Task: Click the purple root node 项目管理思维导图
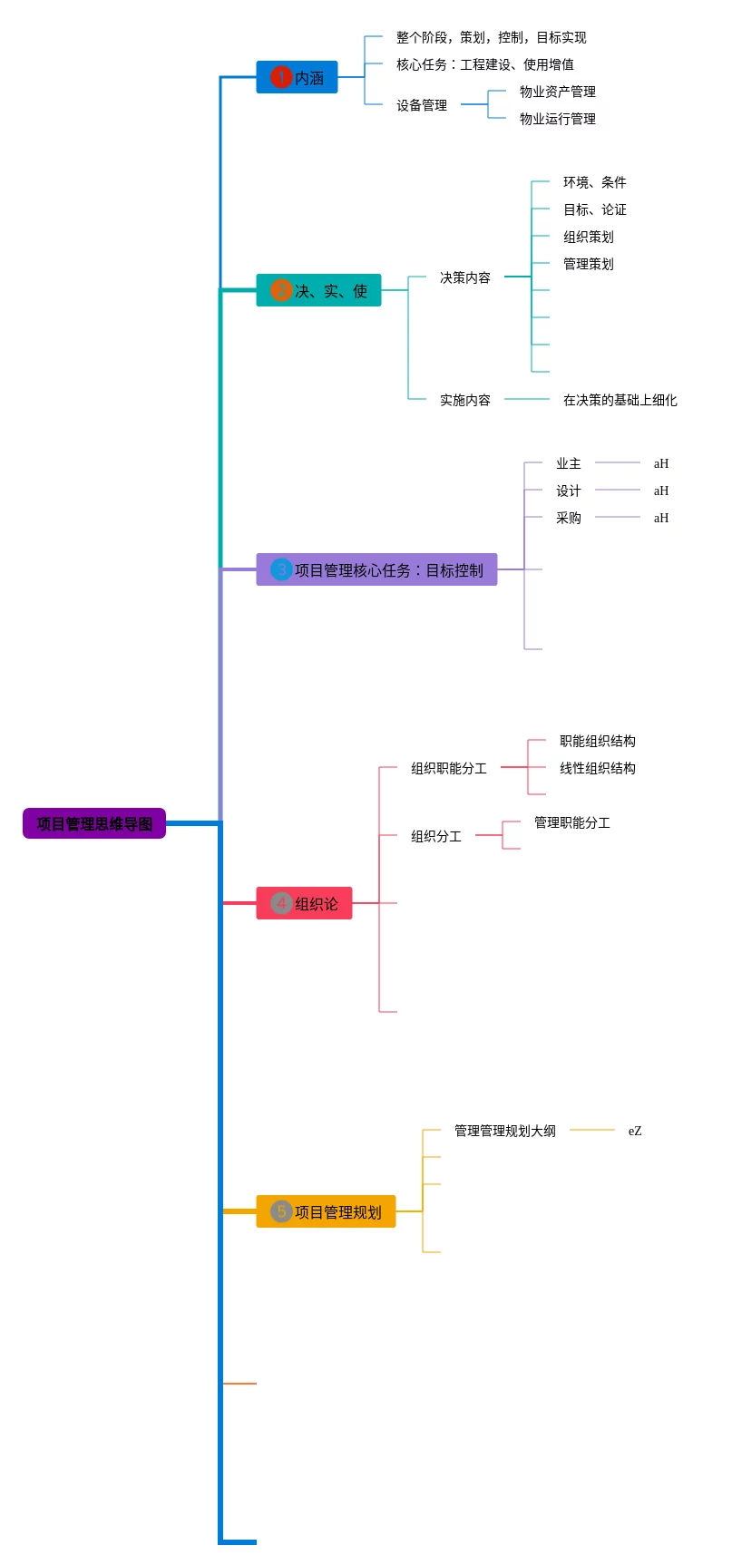pos(94,823)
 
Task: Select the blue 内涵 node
pos(298,78)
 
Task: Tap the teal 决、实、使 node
pos(319,291)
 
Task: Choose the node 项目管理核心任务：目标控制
pos(377,570)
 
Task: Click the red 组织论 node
pos(305,904)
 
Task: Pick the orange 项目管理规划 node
pos(327,1212)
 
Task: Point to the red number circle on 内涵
pos(280,78)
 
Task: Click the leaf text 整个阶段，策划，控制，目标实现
pos(491,37)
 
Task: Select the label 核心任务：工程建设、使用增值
pos(484,64)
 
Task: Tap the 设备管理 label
pos(422,105)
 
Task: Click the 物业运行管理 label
pos(557,119)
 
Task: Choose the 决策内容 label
pos(464,277)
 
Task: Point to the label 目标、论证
pos(594,209)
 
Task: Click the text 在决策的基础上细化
pos(620,400)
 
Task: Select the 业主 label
pos(568,463)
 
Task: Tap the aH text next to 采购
pos(661,518)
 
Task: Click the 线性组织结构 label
pos(597,768)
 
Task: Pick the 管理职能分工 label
pos(571,822)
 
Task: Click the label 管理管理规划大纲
pos(504,1131)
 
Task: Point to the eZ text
pos(635,1131)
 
